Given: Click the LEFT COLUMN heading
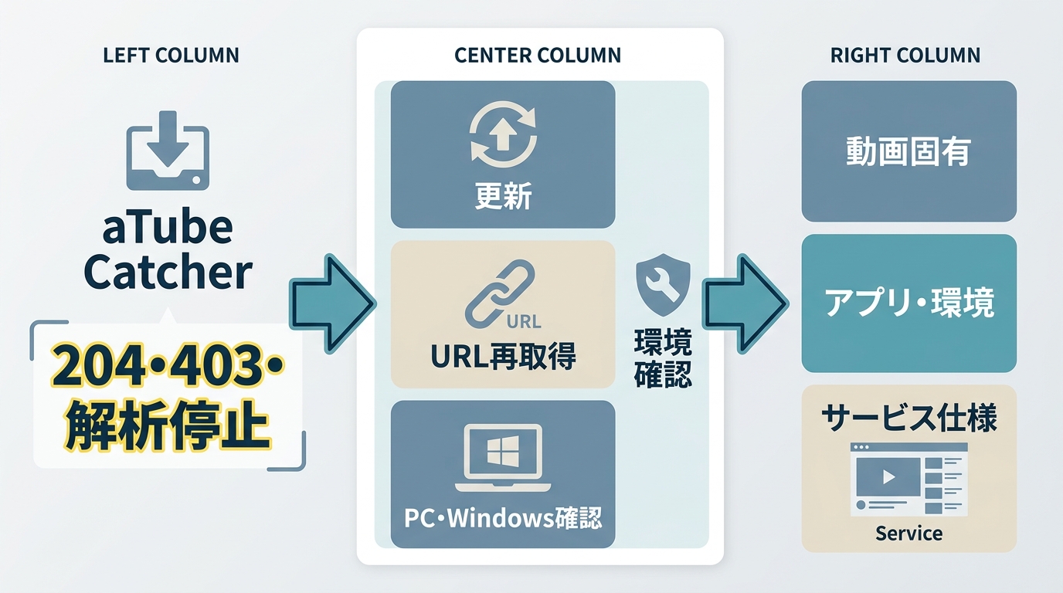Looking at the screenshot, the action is (x=171, y=56).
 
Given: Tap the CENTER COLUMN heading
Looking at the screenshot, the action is (x=538, y=56).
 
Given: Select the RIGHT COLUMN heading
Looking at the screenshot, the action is (x=905, y=56).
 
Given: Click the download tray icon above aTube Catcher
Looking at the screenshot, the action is (x=168, y=151).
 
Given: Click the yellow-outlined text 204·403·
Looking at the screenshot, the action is (x=167, y=364).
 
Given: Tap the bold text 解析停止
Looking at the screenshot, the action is (x=167, y=425).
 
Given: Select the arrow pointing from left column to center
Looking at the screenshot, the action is (x=332, y=304).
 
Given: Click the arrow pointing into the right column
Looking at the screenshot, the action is (x=745, y=304).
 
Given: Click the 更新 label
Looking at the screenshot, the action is (x=503, y=195).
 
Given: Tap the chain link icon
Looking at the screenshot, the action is (x=499, y=294).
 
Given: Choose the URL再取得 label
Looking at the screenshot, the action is (x=503, y=356).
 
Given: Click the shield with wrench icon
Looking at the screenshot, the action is (x=663, y=285).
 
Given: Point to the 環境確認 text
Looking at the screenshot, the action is (x=663, y=358).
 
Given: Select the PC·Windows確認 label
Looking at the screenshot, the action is (x=503, y=517).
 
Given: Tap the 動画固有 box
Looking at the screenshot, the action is (x=908, y=151).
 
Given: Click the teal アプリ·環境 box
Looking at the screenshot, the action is (x=908, y=303).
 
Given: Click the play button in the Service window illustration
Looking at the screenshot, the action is (x=888, y=476).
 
